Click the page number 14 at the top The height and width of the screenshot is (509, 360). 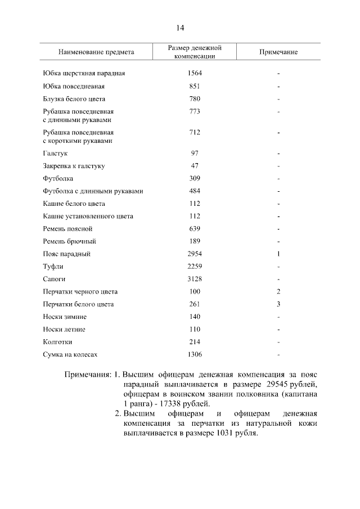180,28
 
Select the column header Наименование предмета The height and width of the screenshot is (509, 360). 96,52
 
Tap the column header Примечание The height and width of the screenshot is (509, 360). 278,52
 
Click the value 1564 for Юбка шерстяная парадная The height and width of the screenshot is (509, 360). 195,74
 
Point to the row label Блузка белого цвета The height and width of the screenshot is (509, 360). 74,99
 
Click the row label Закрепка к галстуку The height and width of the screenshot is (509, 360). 74,166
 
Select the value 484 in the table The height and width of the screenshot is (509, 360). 195,191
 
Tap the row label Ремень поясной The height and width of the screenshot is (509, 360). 67,229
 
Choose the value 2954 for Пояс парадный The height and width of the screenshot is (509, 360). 195,254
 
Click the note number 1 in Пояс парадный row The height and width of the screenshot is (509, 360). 278,254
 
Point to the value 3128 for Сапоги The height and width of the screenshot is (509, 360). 195,279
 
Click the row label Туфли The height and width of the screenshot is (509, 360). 53,267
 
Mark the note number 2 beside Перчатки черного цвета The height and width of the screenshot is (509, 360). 278,292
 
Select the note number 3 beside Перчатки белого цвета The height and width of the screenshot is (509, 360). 278,304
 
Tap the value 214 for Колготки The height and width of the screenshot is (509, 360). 195,342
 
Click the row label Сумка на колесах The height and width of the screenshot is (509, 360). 70,354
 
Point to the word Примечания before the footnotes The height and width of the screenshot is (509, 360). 87,375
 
